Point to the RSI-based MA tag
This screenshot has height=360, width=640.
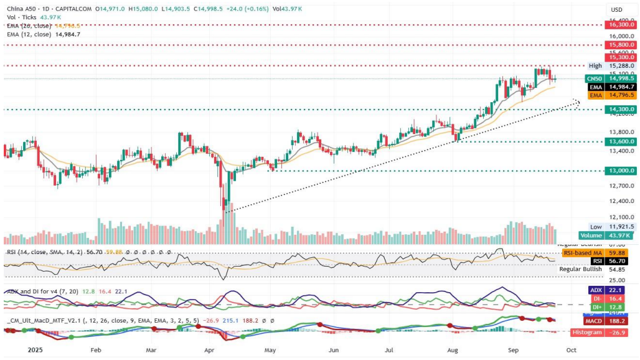[596, 253]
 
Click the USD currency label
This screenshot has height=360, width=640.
[617, 9]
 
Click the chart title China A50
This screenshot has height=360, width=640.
[21, 9]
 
